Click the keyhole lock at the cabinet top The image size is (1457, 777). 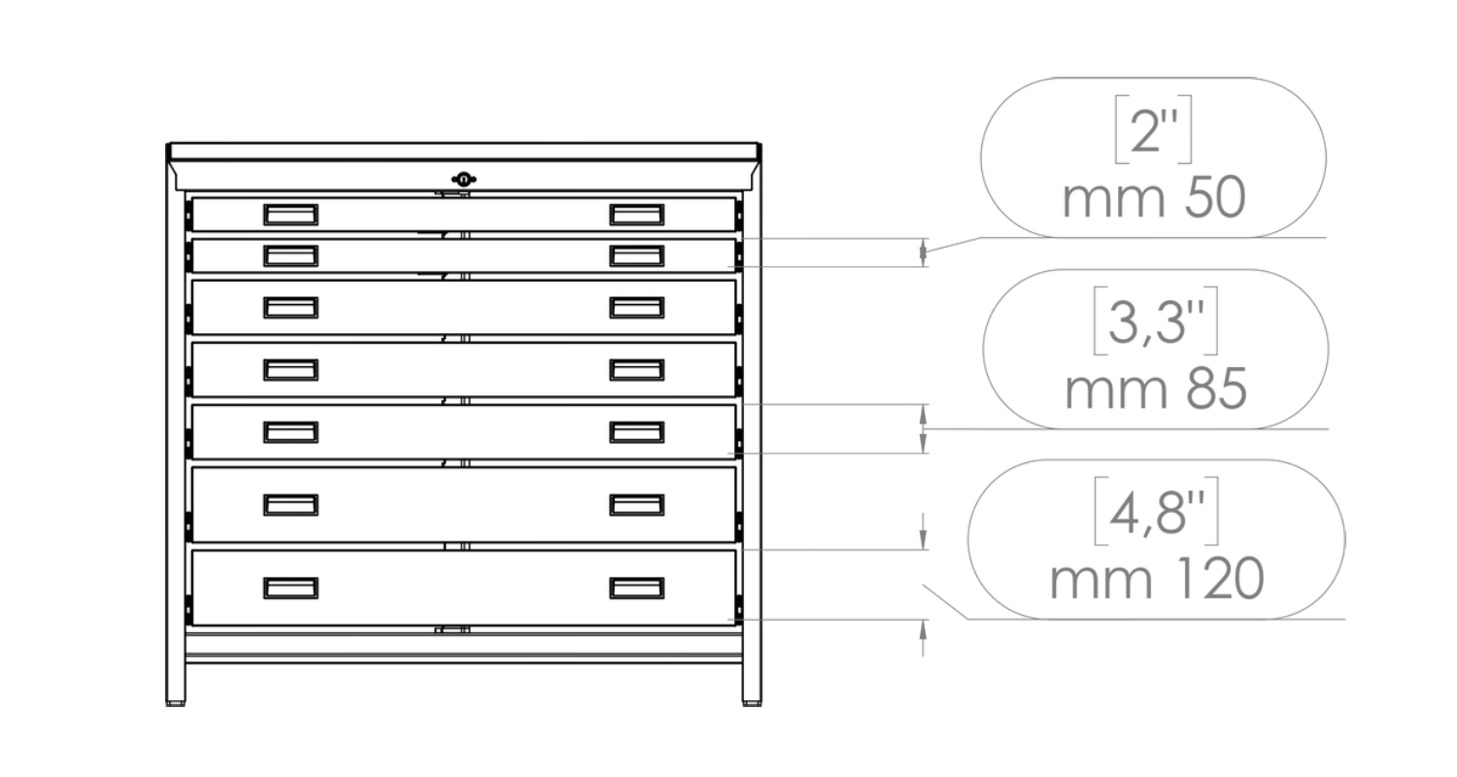coord(465,179)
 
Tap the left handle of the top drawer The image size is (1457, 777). coord(290,214)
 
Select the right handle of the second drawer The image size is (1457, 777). coord(637,255)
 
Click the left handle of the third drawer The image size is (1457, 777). coord(290,308)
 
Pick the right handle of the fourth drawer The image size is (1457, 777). coord(637,370)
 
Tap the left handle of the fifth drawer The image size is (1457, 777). coord(290,431)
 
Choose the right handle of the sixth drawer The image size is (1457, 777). coord(637,504)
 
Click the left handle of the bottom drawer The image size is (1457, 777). coord(290,588)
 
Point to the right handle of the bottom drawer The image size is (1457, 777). coord(637,588)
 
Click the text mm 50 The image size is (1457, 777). coord(1153,199)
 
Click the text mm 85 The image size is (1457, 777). coord(1155,390)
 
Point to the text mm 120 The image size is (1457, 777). coord(1155,580)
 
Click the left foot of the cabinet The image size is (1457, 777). coord(176,695)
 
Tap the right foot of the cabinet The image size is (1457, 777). coord(752,695)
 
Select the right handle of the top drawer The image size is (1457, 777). coord(637,214)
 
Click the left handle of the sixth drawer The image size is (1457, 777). coord(290,504)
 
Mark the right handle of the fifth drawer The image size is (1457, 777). coord(637,431)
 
